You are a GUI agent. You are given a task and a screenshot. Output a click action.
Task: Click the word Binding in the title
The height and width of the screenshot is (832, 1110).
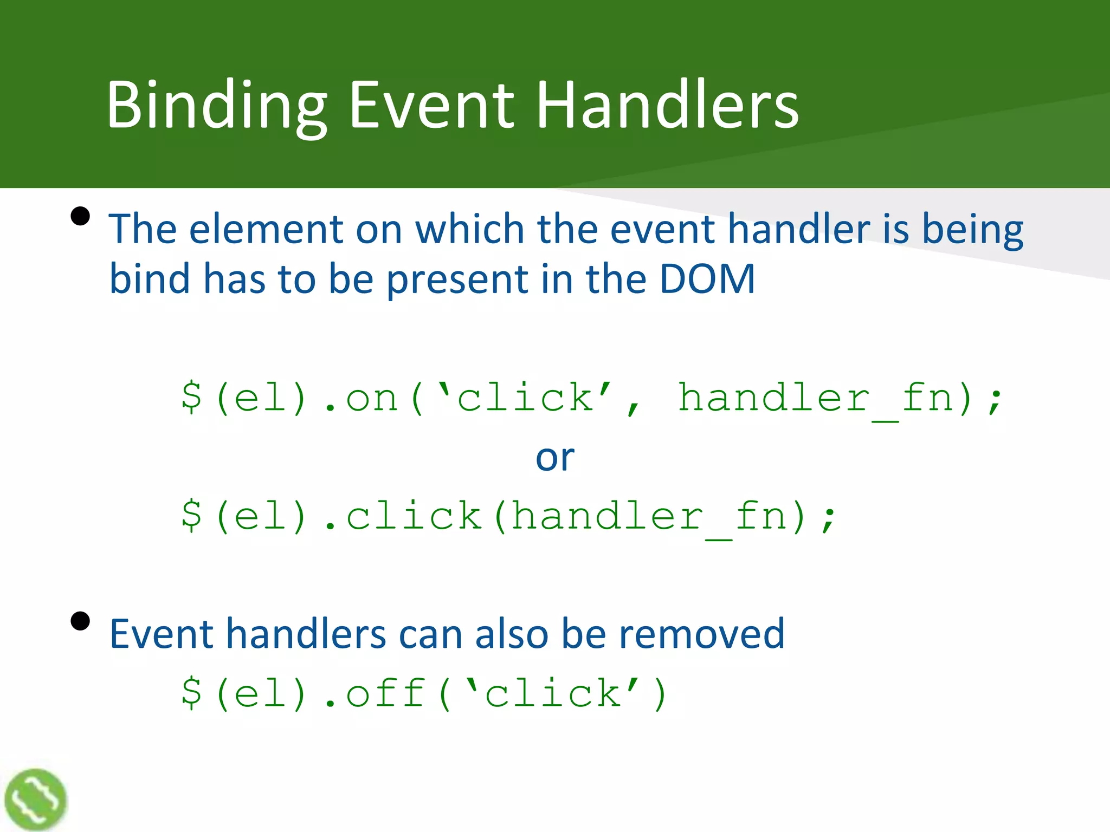[217, 106]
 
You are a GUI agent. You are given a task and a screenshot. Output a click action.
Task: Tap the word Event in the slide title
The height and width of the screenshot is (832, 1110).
[431, 106]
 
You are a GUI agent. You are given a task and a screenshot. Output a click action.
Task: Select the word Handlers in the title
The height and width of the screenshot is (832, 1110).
[667, 106]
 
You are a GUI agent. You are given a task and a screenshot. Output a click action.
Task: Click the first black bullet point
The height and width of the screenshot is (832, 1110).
[80, 216]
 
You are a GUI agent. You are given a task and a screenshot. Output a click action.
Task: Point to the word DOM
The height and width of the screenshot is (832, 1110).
[707, 279]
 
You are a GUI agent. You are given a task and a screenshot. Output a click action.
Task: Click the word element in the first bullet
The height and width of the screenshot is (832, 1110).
[266, 230]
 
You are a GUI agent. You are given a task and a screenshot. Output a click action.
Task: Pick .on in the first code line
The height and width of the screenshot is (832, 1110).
[360, 399]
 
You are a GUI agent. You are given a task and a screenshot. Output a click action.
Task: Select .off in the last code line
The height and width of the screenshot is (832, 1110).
[374, 694]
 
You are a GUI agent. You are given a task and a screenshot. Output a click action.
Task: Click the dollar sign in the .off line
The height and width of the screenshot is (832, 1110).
[192, 694]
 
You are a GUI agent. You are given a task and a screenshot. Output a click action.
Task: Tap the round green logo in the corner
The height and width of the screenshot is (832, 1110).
[35, 799]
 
